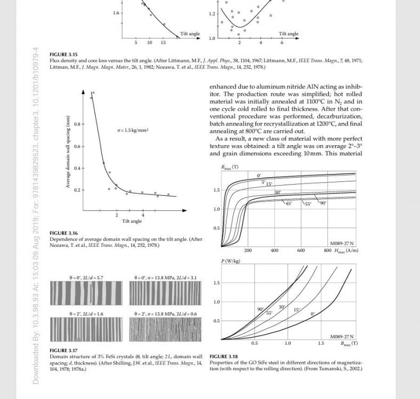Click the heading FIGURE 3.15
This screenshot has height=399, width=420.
pyautogui.click(x=63, y=55)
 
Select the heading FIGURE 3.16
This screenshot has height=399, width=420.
pyautogui.click(x=63, y=233)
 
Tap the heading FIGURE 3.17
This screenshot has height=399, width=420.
pyautogui.click(x=63, y=350)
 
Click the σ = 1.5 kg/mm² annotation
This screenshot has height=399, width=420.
pyautogui.click(x=133, y=130)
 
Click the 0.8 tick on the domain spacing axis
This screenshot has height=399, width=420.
pyautogui.click(x=76, y=124)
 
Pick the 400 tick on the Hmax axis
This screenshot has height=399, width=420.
pyautogui.click(x=274, y=250)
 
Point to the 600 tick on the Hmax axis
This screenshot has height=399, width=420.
pyautogui.click(x=301, y=250)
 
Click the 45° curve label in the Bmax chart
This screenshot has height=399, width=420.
pyautogui.click(x=288, y=203)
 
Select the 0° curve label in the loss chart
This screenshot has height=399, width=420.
pyautogui.click(x=313, y=314)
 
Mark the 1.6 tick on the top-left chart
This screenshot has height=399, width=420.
pyautogui.click(x=116, y=12)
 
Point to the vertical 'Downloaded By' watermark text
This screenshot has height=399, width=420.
pyautogui.click(x=36, y=213)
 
